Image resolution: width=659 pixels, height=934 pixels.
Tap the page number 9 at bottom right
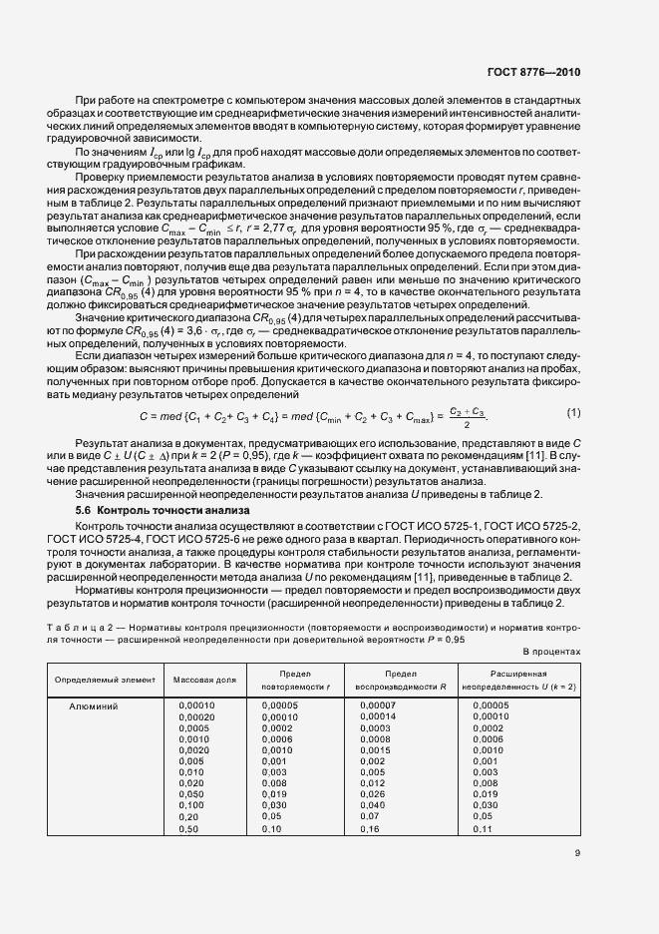coord(577,852)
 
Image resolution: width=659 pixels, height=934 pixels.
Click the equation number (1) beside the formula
coord(573,412)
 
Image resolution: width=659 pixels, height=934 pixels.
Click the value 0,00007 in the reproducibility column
coord(377,705)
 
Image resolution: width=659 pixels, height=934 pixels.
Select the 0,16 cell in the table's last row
coord(369,829)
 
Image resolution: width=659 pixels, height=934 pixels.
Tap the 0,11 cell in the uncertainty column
coord(483,829)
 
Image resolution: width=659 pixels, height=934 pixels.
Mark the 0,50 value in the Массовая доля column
coord(187,829)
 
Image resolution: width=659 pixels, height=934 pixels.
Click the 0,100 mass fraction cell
coord(190,804)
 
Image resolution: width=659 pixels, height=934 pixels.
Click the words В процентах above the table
coord(552,650)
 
